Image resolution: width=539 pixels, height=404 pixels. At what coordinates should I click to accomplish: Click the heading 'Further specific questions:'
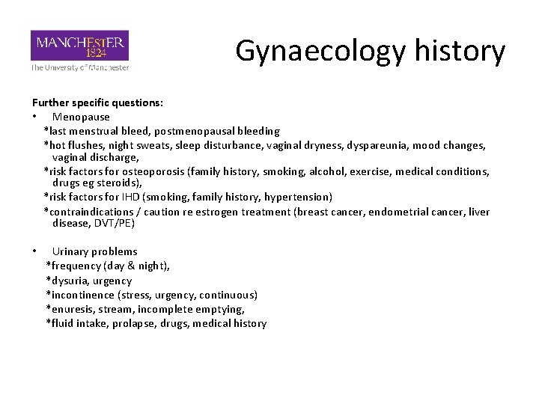click(97, 102)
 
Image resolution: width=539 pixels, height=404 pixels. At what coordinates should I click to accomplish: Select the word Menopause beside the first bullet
click(81, 117)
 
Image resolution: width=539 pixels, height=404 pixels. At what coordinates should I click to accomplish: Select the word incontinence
click(82, 295)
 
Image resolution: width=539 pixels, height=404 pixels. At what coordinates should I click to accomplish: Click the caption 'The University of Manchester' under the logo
click(79, 67)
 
